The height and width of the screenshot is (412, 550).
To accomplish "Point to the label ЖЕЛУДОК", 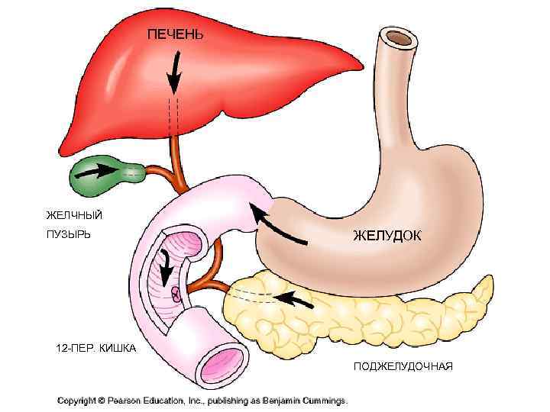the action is click(x=387, y=235).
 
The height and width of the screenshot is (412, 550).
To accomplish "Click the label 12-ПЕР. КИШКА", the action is click(x=96, y=349).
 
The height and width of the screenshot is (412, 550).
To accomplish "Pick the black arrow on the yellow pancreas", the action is click(x=294, y=298).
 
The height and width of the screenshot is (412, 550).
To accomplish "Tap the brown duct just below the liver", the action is click(x=177, y=156).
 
